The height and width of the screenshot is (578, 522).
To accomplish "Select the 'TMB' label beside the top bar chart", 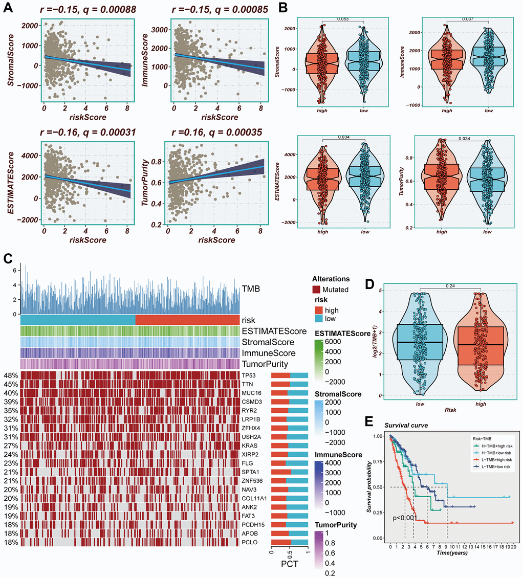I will (x=251, y=289).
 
